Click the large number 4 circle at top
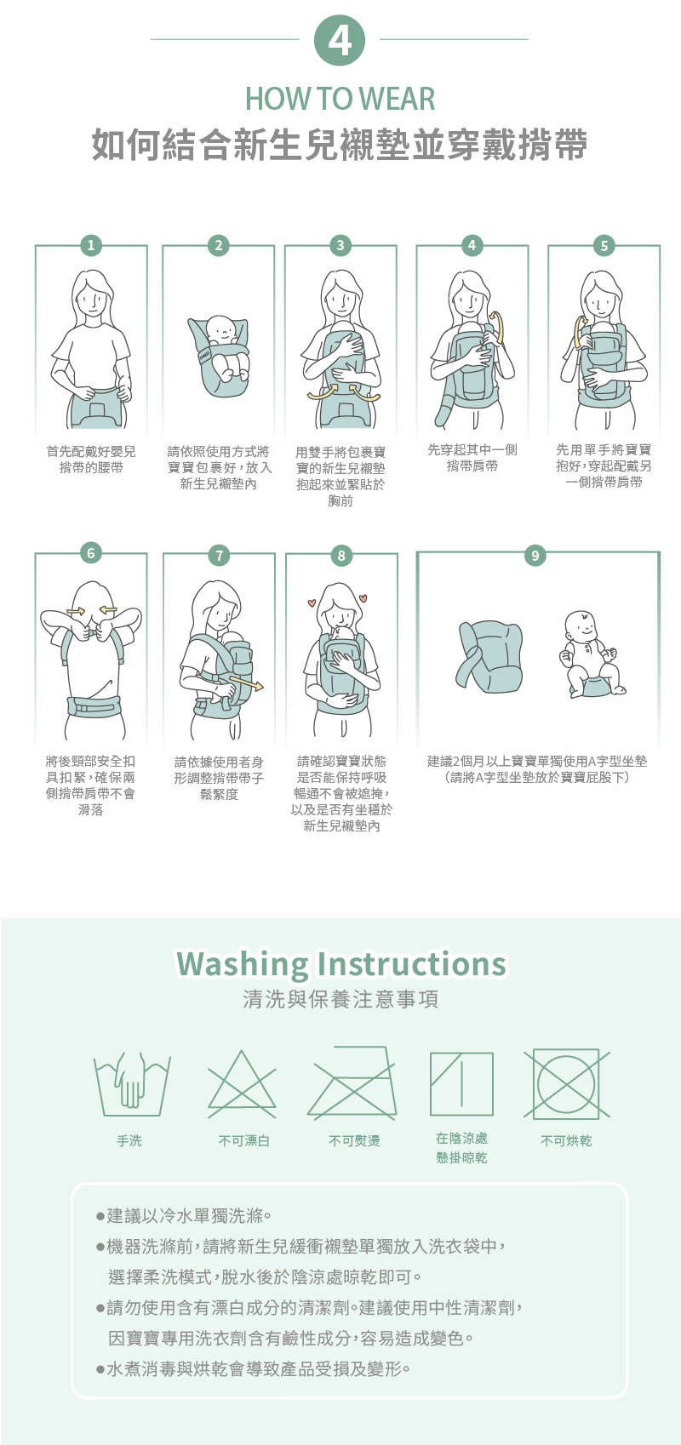pos(340,40)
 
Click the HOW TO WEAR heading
pos(340,99)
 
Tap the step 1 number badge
pos(91,245)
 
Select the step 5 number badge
pos(604,245)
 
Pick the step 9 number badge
pos(535,556)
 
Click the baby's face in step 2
pos(220,331)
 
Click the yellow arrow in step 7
pos(247,683)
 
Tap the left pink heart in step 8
pos(312,604)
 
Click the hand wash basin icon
pos(132,1084)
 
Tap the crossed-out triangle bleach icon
pos(242,1084)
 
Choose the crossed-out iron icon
pos(352,1082)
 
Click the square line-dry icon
pos(461,1084)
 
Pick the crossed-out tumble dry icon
pos(566,1084)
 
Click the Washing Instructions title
pos(340,964)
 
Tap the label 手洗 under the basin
pos(129,1141)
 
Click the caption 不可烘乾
pos(566,1141)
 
